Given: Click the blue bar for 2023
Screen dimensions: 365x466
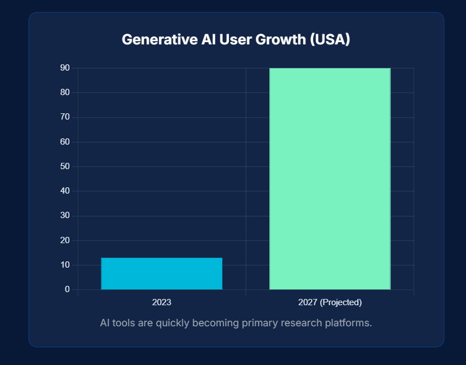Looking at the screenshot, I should point(162,274).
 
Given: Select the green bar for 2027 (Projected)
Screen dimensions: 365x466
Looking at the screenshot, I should point(330,179).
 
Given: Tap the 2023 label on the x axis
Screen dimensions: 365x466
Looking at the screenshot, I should point(162,302).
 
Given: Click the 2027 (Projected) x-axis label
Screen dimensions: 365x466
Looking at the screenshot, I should point(330,302).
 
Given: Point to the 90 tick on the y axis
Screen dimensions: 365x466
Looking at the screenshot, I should point(65,68).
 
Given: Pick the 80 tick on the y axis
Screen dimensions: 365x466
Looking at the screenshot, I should point(65,92).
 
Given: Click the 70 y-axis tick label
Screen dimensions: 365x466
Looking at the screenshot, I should point(65,117).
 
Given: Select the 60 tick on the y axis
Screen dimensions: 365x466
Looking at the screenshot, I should point(65,142).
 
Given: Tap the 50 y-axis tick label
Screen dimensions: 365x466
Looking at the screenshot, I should point(65,166).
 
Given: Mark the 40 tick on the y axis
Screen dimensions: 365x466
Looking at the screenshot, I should point(65,191).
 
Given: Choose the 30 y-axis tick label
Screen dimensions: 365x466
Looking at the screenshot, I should point(65,216).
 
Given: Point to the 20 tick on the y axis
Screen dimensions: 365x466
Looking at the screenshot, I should point(65,240).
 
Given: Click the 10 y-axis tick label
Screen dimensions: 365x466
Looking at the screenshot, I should point(65,265).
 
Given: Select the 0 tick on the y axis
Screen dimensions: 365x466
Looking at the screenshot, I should point(67,289).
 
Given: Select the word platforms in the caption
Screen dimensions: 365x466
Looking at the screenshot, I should point(348,323).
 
